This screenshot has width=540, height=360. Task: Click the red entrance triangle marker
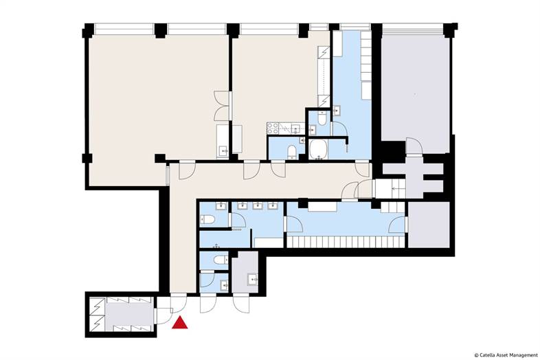pyautogui.click(x=180, y=324)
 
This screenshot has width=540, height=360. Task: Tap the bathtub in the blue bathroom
pyautogui.click(x=319, y=149)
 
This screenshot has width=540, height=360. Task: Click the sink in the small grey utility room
pyautogui.click(x=252, y=278)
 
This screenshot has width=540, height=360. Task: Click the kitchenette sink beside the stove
pyautogui.click(x=294, y=128)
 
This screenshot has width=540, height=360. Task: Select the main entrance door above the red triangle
pyautogui.click(x=177, y=302)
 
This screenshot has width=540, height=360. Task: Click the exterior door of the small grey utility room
pyautogui.click(x=243, y=302)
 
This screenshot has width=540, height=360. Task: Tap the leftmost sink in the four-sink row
pyautogui.click(x=221, y=205)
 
